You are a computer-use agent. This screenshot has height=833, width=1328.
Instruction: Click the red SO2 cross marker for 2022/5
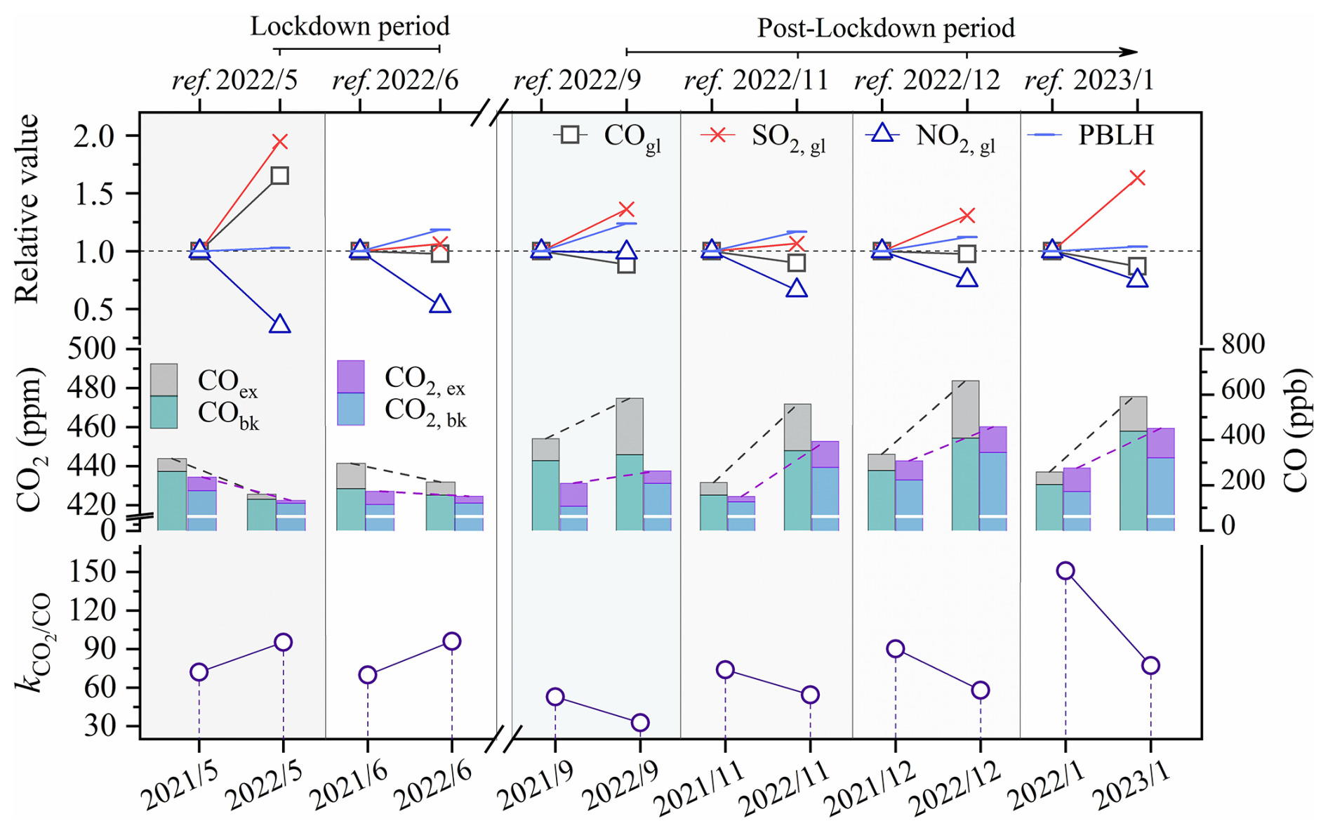[280, 142]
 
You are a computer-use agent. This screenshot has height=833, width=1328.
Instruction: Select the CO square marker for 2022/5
[280, 176]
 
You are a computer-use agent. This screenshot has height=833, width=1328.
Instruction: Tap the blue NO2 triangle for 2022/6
[440, 304]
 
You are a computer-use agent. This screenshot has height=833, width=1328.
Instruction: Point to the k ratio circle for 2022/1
[1065, 570]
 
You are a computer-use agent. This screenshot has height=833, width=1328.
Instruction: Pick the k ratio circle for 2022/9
[640, 723]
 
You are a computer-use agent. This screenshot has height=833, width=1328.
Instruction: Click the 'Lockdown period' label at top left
[350, 27]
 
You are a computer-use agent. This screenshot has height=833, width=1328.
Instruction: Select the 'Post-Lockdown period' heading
[886, 28]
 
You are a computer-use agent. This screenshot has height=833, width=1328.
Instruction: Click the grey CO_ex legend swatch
[164, 379]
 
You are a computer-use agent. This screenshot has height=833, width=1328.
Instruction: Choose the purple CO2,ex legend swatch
[351, 376]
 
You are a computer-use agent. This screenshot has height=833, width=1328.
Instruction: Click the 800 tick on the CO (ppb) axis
[1243, 344]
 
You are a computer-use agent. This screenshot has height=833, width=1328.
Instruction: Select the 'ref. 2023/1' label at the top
[1089, 81]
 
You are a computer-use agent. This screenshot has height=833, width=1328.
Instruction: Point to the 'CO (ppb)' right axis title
[1297, 429]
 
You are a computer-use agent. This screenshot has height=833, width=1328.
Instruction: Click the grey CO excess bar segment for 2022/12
[966, 409]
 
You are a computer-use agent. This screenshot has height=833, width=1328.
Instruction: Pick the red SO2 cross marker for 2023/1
[1138, 178]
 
